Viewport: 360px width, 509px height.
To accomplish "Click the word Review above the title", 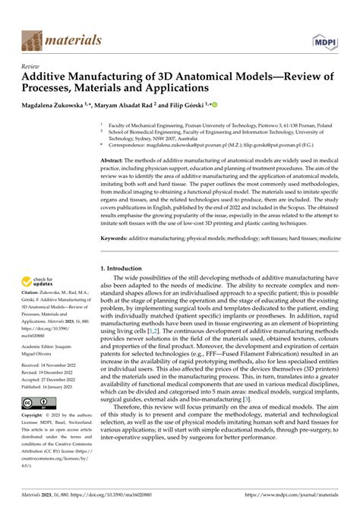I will click(x=33, y=66).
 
